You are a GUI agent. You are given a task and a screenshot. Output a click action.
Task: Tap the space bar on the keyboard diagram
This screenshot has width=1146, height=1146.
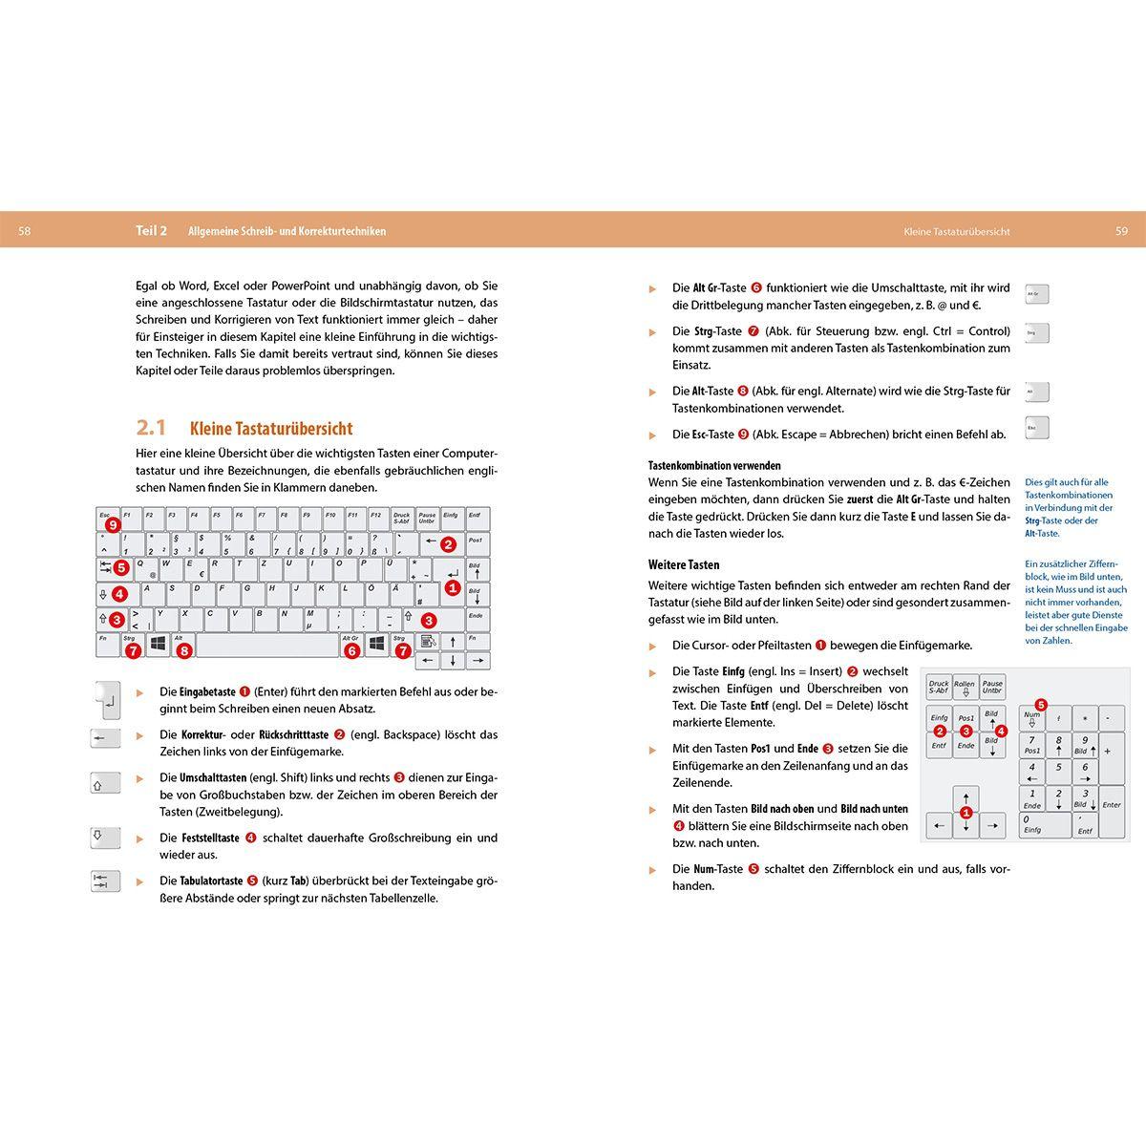pyautogui.click(x=267, y=646)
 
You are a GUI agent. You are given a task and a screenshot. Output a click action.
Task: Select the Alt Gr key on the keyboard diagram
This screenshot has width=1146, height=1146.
pyautogui.click(x=350, y=641)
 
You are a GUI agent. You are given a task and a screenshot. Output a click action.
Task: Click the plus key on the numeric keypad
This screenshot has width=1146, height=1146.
pyautogui.click(x=1112, y=751)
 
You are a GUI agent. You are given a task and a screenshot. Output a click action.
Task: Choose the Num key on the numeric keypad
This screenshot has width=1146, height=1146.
pyautogui.click(x=1031, y=718)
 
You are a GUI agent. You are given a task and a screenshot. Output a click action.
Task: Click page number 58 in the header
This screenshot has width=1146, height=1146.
pyautogui.click(x=24, y=231)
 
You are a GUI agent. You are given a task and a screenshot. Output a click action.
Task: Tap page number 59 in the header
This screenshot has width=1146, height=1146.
pyautogui.click(x=1121, y=231)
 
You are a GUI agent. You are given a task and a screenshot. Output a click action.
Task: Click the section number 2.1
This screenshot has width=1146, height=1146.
pyautogui.click(x=151, y=428)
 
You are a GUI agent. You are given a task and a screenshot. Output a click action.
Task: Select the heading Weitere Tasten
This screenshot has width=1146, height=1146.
pyautogui.click(x=684, y=564)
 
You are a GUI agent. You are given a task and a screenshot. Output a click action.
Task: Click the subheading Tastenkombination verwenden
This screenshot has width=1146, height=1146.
pyautogui.click(x=714, y=466)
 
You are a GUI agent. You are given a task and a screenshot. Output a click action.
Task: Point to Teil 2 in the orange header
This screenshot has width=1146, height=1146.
pyautogui.click(x=151, y=231)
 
